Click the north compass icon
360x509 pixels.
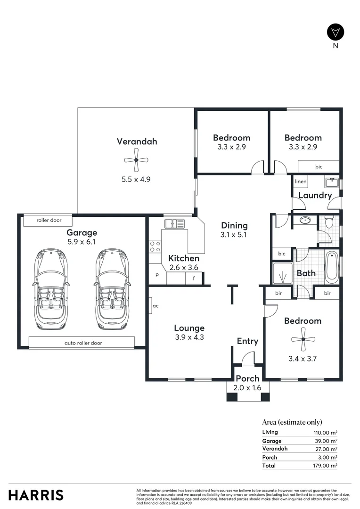[x=335, y=32]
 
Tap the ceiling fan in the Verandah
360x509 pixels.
[x=136, y=161]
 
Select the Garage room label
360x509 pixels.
[x=82, y=232]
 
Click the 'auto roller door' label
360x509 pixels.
[x=83, y=343]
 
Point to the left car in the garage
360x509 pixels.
[x=50, y=289]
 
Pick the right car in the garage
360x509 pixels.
[x=112, y=289]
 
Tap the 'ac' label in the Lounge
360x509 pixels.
[x=155, y=305]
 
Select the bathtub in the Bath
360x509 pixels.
[x=331, y=267]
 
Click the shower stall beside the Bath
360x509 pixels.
[x=282, y=273]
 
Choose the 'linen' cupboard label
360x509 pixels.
[x=301, y=181]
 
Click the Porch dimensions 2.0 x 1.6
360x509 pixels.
[x=247, y=387]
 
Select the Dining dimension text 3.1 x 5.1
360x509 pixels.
[x=234, y=234]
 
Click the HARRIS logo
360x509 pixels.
[x=36, y=495]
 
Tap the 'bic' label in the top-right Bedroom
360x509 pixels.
[x=319, y=166]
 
